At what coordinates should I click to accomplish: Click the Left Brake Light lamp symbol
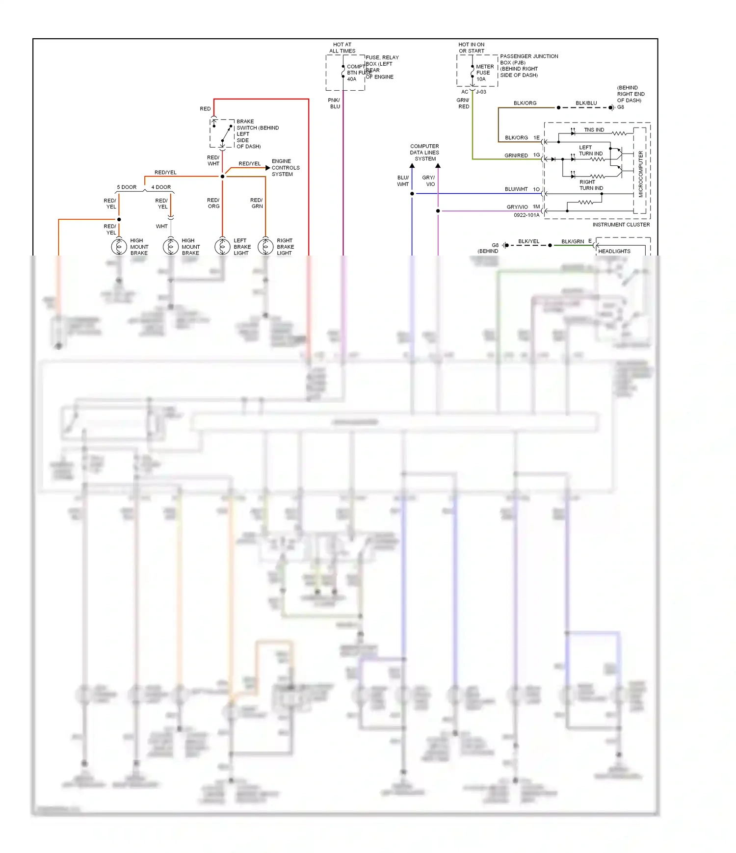pyautogui.click(x=222, y=246)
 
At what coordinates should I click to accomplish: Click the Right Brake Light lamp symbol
pyautogui.click(x=265, y=246)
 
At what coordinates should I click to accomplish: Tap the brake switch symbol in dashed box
pyautogui.click(x=222, y=133)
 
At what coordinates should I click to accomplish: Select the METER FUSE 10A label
pyautogui.click(x=484, y=73)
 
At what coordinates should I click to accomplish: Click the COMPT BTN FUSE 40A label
pyautogui.click(x=357, y=73)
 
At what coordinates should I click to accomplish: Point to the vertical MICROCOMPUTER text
pyautogui.click(x=640, y=174)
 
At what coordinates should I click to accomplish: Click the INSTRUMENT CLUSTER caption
pyautogui.click(x=621, y=225)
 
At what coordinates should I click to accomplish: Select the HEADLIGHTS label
pyautogui.click(x=614, y=251)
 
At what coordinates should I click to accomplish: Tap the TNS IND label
pyautogui.click(x=594, y=130)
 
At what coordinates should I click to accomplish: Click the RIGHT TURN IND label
pyautogui.click(x=591, y=185)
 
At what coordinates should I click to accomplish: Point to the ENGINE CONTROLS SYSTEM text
pyautogui.click(x=285, y=168)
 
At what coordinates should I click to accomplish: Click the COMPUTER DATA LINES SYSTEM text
pyautogui.click(x=424, y=153)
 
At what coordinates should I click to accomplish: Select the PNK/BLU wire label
pyautogui.click(x=334, y=103)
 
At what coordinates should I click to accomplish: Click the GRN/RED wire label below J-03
pyautogui.click(x=463, y=103)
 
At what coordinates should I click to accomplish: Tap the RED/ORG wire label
pyautogui.click(x=213, y=203)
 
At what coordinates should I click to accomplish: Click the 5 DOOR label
pyautogui.click(x=127, y=187)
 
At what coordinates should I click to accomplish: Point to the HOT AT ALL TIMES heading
pyautogui.click(x=342, y=48)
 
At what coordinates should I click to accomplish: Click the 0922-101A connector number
pyautogui.click(x=526, y=215)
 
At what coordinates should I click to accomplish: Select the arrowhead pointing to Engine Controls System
pyautogui.click(x=267, y=168)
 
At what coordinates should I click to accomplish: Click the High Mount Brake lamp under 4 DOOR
pyautogui.click(x=171, y=246)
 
